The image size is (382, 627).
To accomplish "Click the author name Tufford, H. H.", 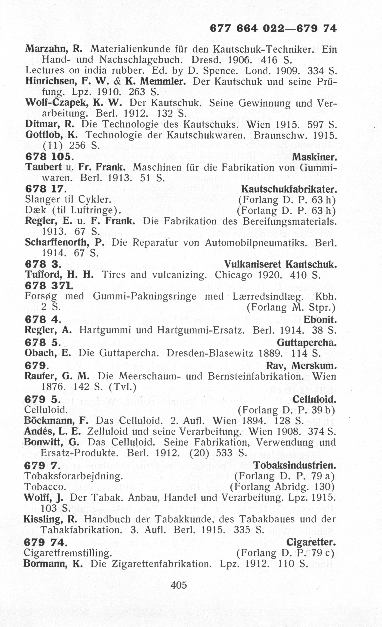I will pos(60,275).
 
